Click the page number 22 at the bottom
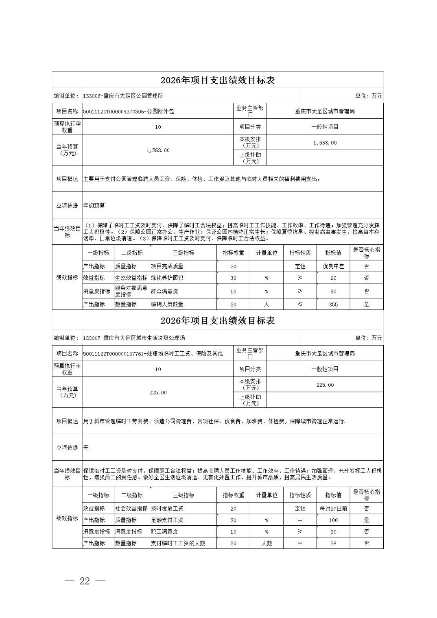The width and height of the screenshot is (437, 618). [x=85, y=581]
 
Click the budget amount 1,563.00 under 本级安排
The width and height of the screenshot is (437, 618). [x=325, y=143]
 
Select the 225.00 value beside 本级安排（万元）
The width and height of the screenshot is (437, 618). [x=325, y=385]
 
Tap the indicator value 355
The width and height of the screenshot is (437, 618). [x=333, y=305]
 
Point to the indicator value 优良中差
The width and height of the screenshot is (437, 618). [x=333, y=267]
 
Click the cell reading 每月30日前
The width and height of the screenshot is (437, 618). [x=333, y=509]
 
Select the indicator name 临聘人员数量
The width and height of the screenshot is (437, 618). [x=167, y=304]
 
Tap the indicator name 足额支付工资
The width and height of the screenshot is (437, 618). [x=167, y=520]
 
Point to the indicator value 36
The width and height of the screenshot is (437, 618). [x=333, y=543]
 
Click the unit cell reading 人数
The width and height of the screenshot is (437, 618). [x=267, y=543]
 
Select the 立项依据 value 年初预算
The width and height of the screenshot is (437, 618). [x=94, y=206]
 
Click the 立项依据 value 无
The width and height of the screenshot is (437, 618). [x=86, y=448]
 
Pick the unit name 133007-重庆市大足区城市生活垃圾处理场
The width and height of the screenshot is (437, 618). [x=134, y=338]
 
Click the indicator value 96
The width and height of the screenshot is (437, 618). [x=333, y=278]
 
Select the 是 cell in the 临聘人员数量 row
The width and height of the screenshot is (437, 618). [x=366, y=305]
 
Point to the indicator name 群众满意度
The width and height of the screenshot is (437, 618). [x=164, y=291]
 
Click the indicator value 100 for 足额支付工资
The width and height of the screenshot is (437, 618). [x=333, y=520]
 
